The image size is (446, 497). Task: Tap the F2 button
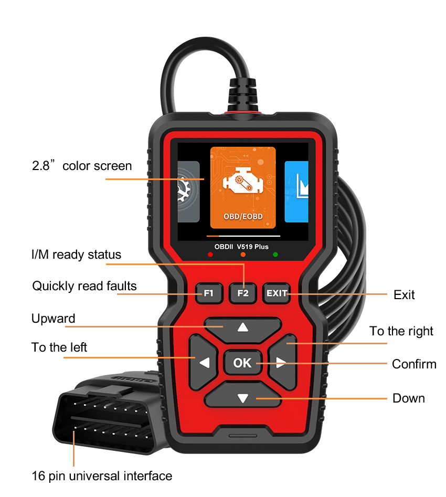(x=243, y=293)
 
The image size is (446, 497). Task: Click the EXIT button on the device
(x=277, y=293)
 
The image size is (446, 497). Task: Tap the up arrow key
(x=243, y=330)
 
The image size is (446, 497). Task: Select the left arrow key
(x=203, y=362)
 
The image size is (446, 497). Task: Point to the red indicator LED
(x=210, y=255)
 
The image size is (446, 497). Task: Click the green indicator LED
(x=275, y=255)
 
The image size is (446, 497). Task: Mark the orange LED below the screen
(x=243, y=255)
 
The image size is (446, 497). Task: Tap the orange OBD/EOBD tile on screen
(x=243, y=187)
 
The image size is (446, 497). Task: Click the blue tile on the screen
(x=296, y=192)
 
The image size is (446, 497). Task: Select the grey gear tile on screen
(x=188, y=192)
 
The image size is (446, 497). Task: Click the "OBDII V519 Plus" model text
(x=241, y=247)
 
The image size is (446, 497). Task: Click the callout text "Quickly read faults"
(x=84, y=286)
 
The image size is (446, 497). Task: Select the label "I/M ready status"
(x=77, y=255)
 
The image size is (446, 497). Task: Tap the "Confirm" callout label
(x=414, y=364)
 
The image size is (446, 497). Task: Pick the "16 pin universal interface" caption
(x=102, y=476)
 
